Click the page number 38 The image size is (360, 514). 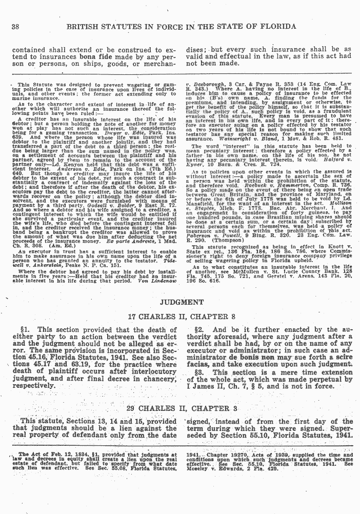15,26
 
